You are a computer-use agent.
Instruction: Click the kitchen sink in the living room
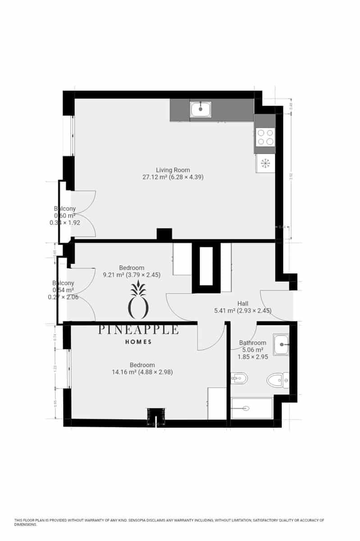(x=201, y=110)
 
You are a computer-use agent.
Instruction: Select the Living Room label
(x=173, y=170)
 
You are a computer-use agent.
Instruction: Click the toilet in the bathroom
(x=277, y=381)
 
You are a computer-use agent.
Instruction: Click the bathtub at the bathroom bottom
(x=252, y=408)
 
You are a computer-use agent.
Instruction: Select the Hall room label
(x=243, y=303)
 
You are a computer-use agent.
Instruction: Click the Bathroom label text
(x=252, y=343)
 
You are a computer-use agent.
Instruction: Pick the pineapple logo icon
(x=139, y=301)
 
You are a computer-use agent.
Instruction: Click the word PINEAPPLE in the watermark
(x=139, y=330)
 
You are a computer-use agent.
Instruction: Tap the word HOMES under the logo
(x=138, y=342)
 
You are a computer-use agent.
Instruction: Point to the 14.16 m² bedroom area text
(x=142, y=372)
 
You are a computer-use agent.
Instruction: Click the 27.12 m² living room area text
(x=173, y=177)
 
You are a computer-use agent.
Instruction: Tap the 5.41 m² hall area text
(x=242, y=311)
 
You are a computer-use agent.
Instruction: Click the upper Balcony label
(x=65, y=209)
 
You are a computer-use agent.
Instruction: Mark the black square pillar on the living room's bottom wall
(x=164, y=234)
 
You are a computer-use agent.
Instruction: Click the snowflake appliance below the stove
(x=265, y=163)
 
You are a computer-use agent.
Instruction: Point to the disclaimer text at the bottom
(x=169, y=522)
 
